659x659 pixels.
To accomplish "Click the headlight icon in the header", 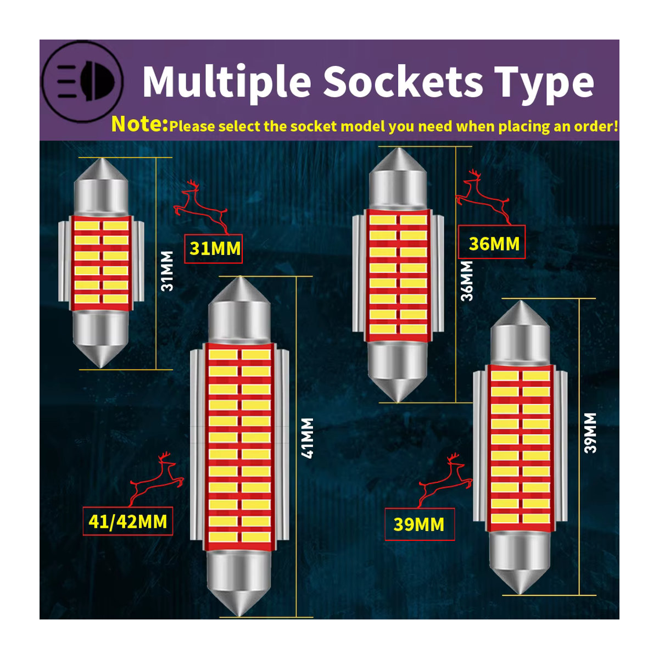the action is pyautogui.click(x=82, y=81).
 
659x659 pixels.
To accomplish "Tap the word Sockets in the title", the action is pyautogui.click(x=404, y=81).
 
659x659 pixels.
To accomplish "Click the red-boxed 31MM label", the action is pyautogui.click(x=214, y=249).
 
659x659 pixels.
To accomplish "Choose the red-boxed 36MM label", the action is pyautogui.click(x=492, y=242).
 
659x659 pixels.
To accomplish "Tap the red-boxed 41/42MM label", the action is pyautogui.click(x=128, y=522).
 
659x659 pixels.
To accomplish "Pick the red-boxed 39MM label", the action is pyautogui.click(x=420, y=524).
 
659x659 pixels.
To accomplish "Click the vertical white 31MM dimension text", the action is pyautogui.click(x=167, y=271).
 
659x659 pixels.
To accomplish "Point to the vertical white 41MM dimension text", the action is pyautogui.click(x=307, y=438).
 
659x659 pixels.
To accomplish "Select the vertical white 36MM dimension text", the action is pyautogui.click(x=466, y=281).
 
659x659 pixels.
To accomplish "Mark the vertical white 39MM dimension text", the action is pyautogui.click(x=590, y=433).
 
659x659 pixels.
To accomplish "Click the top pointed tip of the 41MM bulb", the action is pyautogui.click(x=240, y=277).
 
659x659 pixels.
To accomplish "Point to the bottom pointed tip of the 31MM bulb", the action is pyautogui.click(x=101, y=367).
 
